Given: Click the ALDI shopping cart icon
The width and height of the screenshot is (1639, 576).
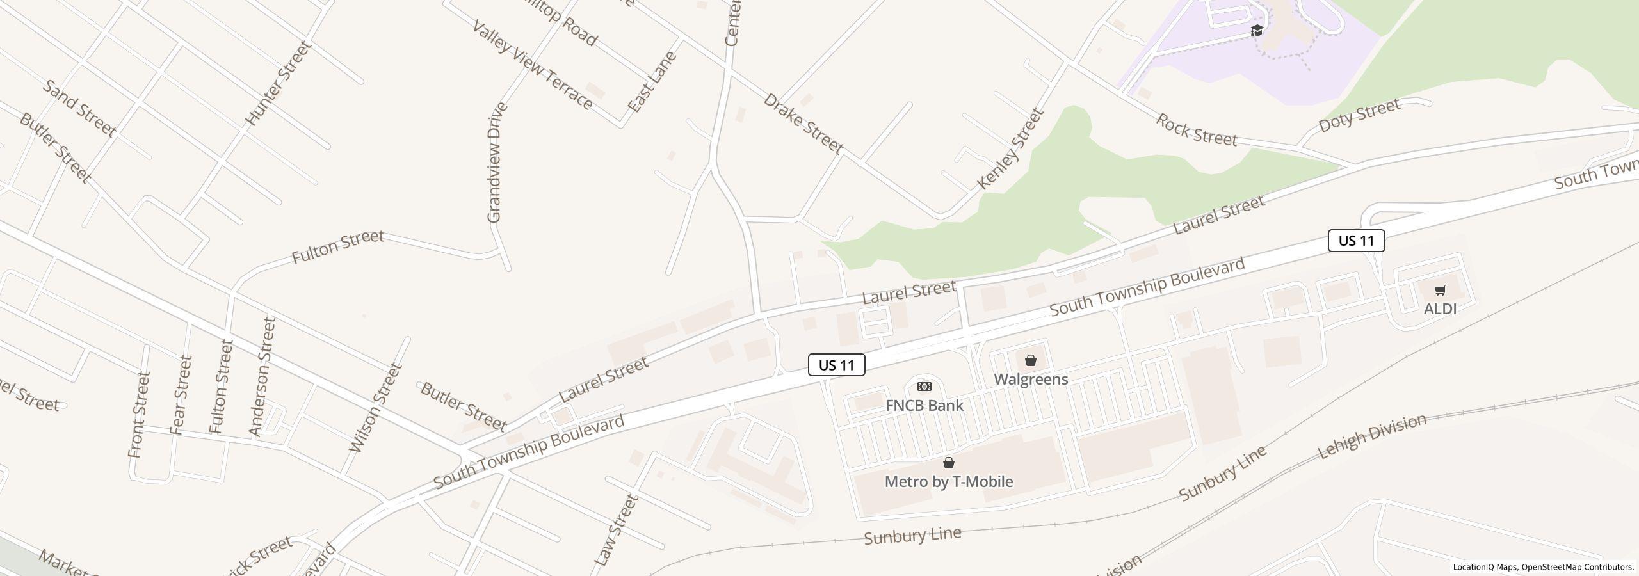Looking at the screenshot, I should tap(1440, 291).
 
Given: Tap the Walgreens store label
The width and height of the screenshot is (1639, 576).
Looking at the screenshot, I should tap(1030, 379).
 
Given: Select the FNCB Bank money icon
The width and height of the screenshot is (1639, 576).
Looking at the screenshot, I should tap(924, 387).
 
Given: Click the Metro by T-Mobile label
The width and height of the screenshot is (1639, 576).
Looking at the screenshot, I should tap(948, 481).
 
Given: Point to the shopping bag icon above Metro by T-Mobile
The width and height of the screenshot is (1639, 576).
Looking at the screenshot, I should tap(948, 463).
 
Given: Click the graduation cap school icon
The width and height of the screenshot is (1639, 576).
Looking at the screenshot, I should tap(1257, 31).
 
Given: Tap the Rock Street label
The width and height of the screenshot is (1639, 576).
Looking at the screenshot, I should tap(1196, 130).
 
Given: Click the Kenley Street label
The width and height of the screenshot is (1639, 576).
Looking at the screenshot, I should tap(1010, 149).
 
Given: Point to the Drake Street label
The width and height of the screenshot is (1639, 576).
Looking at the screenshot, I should tap(803, 124).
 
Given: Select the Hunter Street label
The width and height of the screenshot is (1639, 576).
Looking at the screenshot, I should tap(278, 83).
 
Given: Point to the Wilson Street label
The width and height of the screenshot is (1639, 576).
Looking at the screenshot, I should tap(375, 408).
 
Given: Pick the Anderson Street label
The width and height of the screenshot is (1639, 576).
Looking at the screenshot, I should tap(262, 376).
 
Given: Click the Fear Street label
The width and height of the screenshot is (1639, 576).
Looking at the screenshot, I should tap(182, 395).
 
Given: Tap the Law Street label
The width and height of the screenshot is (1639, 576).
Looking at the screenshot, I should tap(616, 530).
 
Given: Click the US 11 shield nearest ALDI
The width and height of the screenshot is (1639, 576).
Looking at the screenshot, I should tap(1356, 241).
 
